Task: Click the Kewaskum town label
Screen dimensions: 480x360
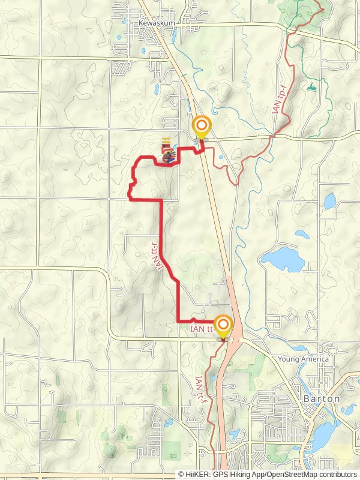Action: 157,23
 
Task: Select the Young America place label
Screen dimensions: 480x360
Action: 304,359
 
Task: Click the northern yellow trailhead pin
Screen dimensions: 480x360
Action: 201,127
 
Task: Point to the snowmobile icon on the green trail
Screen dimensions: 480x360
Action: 311,88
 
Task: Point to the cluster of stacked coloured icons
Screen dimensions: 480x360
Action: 167,152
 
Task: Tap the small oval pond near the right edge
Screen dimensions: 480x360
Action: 329,199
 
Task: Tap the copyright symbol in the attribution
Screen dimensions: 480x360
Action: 181,474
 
